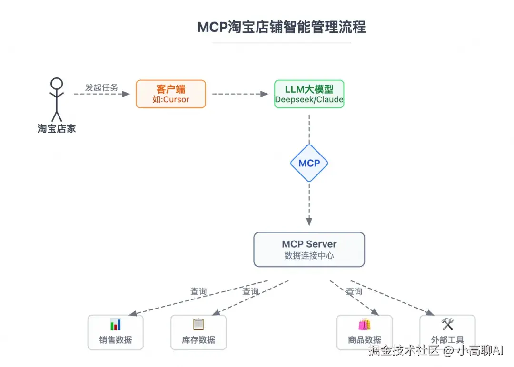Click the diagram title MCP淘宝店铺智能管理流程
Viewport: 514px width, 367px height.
coord(281,27)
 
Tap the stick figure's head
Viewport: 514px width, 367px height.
coord(57,84)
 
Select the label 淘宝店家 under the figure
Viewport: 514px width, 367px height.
coord(57,128)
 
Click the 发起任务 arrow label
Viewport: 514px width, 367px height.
coord(101,87)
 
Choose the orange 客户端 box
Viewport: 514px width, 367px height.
coord(171,94)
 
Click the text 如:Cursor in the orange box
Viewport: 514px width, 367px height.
coord(171,100)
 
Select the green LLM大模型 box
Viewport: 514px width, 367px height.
coord(309,94)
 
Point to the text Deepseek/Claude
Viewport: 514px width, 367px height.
coord(309,100)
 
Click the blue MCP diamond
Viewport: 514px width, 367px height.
coord(309,163)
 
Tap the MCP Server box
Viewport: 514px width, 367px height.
coord(309,249)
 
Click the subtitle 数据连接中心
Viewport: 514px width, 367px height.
coord(309,256)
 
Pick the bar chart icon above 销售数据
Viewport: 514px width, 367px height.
coord(116,325)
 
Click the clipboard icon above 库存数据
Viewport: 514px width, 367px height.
coord(198,325)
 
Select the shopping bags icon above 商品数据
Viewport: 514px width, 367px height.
coord(365,325)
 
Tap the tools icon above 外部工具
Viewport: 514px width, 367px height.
coord(447,325)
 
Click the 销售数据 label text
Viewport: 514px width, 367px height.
coord(116,340)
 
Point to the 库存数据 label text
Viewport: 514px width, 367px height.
coord(198,340)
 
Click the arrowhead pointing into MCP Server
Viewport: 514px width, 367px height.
coord(309,222)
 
